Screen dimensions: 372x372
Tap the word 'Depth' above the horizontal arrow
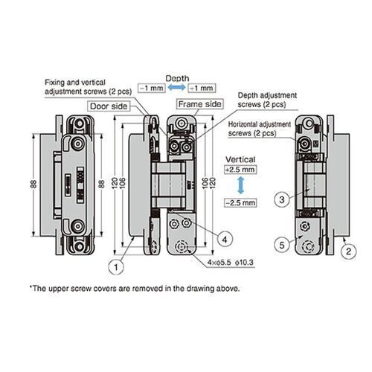point(177,77)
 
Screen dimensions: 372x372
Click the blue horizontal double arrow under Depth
point(177,89)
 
